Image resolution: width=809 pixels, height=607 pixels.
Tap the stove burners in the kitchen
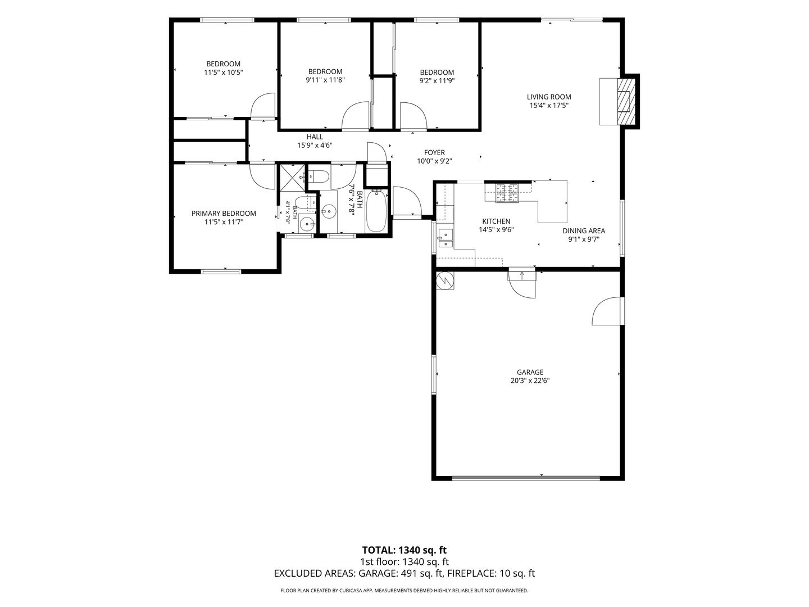(x=507, y=193)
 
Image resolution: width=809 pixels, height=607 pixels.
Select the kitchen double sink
(x=446, y=238)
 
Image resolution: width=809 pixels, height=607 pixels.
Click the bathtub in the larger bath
(x=376, y=210)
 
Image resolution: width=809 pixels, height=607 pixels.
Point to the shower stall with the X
(x=293, y=178)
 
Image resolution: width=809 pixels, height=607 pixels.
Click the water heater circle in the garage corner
(x=444, y=281)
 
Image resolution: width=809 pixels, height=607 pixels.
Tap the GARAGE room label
(x=530, y=372)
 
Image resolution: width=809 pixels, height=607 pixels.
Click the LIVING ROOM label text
(x=549, y=97)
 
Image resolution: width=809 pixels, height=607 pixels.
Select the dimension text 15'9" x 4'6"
(x=315, y=145)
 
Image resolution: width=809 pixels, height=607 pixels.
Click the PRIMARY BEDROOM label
(x=224, y=214)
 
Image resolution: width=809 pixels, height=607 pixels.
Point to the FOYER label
(x=434, y=152)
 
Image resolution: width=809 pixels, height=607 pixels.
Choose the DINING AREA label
(x=584, y=231)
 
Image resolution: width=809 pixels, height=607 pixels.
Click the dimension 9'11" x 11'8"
(x=325, y=80)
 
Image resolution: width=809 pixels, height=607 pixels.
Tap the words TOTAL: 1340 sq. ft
(x=404, y=550)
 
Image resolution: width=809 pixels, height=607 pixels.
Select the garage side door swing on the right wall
(x=607, y=311)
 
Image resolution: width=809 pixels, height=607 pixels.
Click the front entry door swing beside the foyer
(x=407, y=201)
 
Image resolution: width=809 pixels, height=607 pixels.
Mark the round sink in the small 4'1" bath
(x=307, y=223)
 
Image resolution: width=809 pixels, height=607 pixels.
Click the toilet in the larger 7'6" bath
(x=319, y=177)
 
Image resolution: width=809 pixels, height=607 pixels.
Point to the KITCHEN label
(x=496, y=221)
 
